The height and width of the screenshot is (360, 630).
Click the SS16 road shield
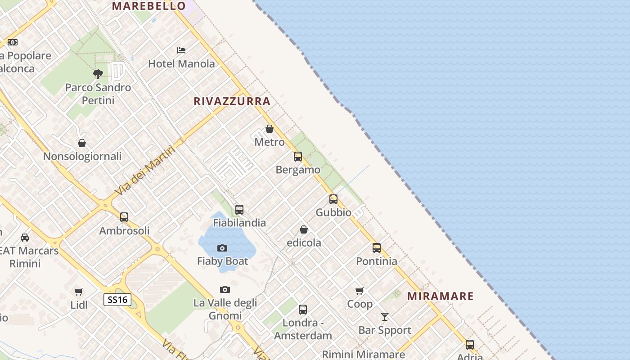coord(117,300)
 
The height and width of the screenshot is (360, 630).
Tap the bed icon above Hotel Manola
coord(181,50)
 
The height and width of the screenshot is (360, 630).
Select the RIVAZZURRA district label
coord(232,101)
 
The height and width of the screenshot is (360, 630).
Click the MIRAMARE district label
coord(441,296)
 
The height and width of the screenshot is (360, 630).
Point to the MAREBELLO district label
coord(149,6)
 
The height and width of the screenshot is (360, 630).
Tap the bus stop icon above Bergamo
coord(298,157)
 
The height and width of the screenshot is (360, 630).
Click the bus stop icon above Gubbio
coord(333,199)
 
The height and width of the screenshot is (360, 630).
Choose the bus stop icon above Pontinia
coord(377,248)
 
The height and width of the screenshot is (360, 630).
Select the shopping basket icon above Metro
coord(270,129)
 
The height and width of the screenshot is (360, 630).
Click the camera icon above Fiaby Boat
coord(222,248)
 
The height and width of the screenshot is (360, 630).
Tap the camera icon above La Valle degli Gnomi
coord(225,289)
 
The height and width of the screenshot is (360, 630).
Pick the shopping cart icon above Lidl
coord(79,292)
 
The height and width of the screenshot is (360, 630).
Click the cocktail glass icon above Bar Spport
coord(385,317)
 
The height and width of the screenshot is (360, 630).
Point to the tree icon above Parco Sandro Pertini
coord(98,74)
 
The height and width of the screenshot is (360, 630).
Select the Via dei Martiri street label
coord(145,171)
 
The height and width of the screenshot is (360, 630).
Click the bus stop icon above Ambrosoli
coord(124,217)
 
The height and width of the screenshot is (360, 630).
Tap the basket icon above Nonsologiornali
coord(82,143)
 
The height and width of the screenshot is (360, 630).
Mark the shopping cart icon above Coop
coord(360,291)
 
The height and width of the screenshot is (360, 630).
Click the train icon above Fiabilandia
coord(239,210)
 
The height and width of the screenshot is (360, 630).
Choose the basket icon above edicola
coord(304,229)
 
